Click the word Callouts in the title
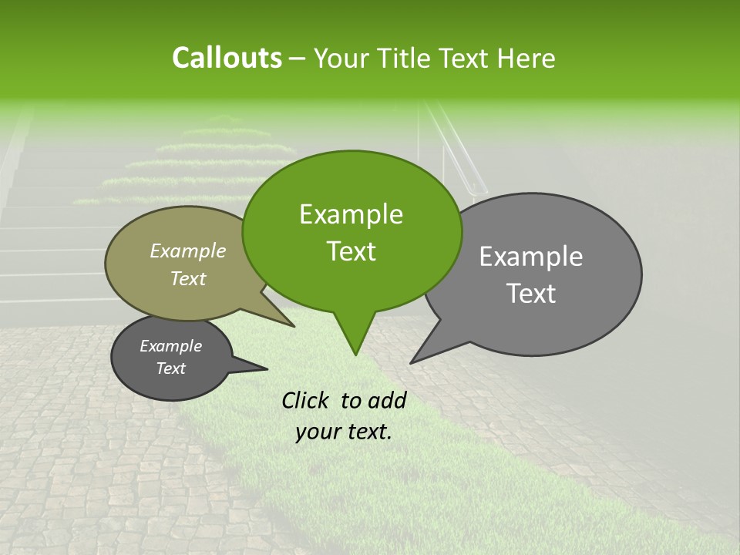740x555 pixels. click(x=227, y=58)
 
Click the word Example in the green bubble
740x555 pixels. click(x=351, y=214)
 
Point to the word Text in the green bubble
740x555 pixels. click(x=351, y=251)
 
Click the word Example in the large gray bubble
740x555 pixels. click(x=531, y=257)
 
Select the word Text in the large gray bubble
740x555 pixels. click(x=531, y=294)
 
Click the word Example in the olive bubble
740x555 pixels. click(x=188, y=251)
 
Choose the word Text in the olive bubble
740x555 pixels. click(x=188, y=278)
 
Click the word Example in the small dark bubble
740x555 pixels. click(x=170, y=346)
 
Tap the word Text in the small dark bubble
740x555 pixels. click(x=170, y=368)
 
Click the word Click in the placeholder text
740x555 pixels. click(x=307, y=400)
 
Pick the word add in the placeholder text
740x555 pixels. click(x=388, y=400)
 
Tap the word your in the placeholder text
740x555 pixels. click(x=318, y=432)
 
